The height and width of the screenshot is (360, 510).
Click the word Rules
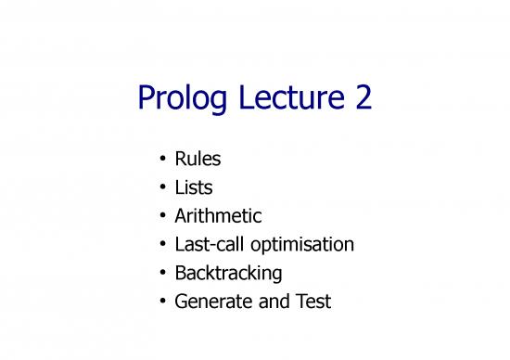point(198,160)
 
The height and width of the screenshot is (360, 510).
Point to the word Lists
point(194,187)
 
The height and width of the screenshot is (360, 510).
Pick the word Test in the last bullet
point(314,302)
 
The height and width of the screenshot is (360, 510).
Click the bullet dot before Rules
point(161,161)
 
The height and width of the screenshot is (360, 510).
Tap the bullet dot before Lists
point(161,188)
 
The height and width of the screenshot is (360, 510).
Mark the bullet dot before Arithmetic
point(161,217)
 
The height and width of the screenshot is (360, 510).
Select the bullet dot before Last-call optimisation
point(161,245)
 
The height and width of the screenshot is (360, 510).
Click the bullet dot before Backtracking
point(161,274)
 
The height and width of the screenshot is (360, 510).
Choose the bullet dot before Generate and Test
point(161,302)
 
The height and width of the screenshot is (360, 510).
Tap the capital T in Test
point(303,302)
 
